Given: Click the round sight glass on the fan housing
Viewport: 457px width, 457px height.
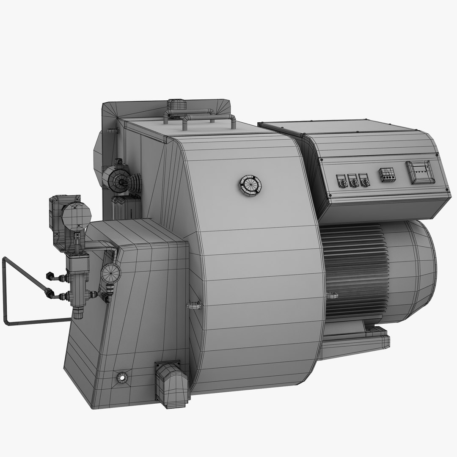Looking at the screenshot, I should [x=250, y=185].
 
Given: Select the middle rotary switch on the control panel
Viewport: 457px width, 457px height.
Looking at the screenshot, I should [x=353, y=181].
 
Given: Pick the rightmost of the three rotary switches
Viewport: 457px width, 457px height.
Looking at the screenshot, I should [x=363, y=179].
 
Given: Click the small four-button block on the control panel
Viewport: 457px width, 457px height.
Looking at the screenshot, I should [x=387, y=175].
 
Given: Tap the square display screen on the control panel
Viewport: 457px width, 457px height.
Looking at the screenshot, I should [x=420, y=172].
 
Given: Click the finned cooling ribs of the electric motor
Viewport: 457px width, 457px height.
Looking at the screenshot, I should [x=355, y=271].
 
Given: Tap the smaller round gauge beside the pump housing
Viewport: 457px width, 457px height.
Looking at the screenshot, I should [x=111, y=273].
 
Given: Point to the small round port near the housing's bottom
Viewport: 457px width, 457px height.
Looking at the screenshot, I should [x=122, y=376].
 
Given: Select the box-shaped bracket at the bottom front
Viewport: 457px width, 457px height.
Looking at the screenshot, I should [x=171, y=383].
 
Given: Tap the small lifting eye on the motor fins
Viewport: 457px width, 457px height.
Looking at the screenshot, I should [x=333, y=295].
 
